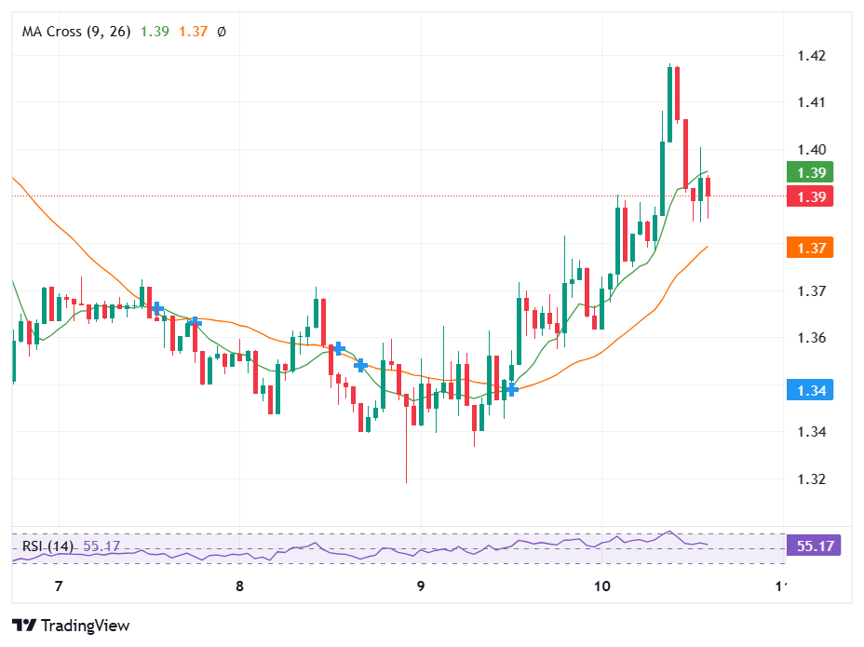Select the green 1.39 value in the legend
(x=155, y=32)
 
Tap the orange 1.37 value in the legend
(x=194, y=32)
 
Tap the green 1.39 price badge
(x=809, y=172)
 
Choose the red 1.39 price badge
(x=809, y=196)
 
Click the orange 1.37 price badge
(x=809, y=248)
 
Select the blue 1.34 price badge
(x=809, y=390)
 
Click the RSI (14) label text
(x=47, y=546)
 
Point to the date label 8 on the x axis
(x=239, y=586)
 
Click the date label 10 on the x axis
(x=601, y=586)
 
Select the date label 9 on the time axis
(x=421, y=586)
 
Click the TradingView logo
(x=71, y=626)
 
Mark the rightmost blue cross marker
(x=510, y=388)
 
